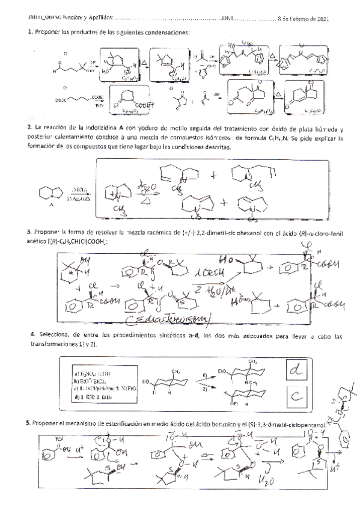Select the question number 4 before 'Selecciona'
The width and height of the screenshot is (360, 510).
[31, 334]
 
